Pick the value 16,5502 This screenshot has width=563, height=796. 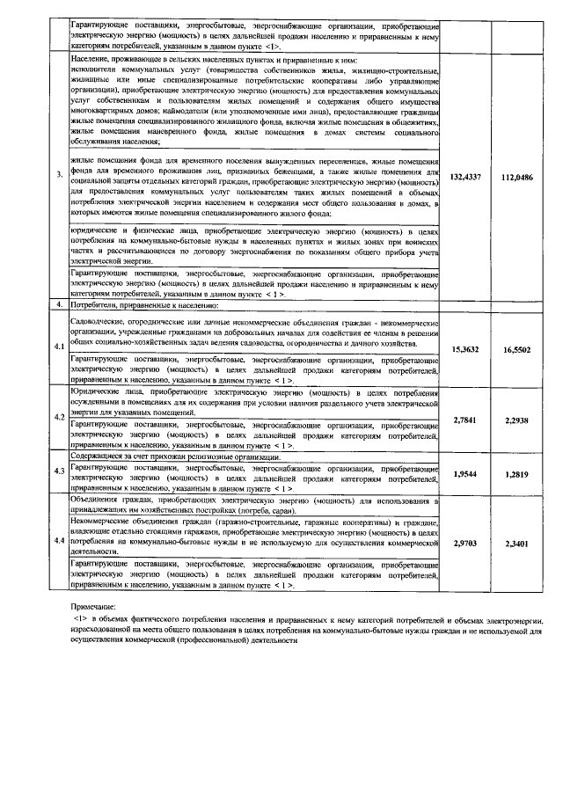tap(516, 350)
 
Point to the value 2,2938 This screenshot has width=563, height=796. tap(516, 420)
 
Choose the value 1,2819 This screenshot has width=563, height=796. tap(516, 474)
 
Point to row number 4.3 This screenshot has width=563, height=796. tap(59, 471)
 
